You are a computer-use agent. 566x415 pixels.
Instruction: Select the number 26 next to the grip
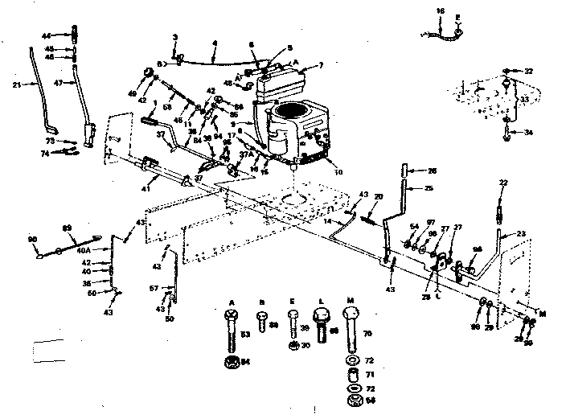[x=432, y=171]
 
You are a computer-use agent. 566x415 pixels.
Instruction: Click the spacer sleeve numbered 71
[x=352, y=376]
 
